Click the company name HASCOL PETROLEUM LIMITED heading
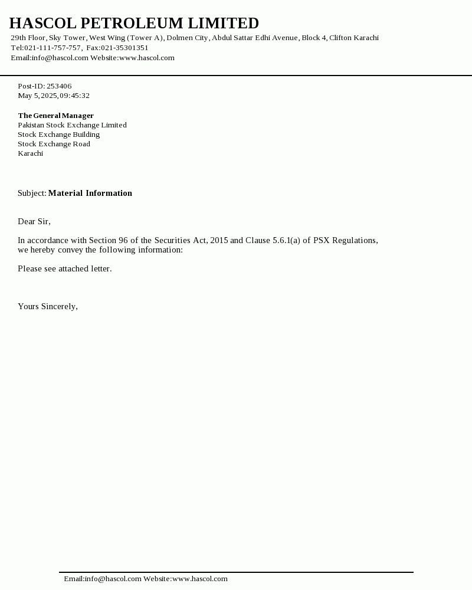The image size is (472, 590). click(x=134, y=24)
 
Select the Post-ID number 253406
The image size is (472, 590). click(x=59, y=86)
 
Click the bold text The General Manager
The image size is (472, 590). click(x=55, y=116)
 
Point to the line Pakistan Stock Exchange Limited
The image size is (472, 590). click(x=72, y=125)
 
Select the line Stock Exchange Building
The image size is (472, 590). click(x=58, y=135)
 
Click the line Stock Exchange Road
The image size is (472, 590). click(x=54, y=144)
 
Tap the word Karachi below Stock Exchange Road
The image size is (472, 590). click(x=30, y=153)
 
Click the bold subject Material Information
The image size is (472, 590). click(x=90, y=193)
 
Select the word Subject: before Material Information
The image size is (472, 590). click(x=32, y=193)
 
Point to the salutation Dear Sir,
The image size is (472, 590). click(x=34, y=221)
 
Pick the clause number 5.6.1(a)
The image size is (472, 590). click(x=287, y=240)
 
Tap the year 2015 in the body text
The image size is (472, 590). click(x=219, y=240)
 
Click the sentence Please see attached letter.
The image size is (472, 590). click(x=64, y=268)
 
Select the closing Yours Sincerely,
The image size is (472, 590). click(x=48, y=306)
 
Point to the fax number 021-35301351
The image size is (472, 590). click(x=124, y=48)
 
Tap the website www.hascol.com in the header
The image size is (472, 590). click(x=147, y=58)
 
